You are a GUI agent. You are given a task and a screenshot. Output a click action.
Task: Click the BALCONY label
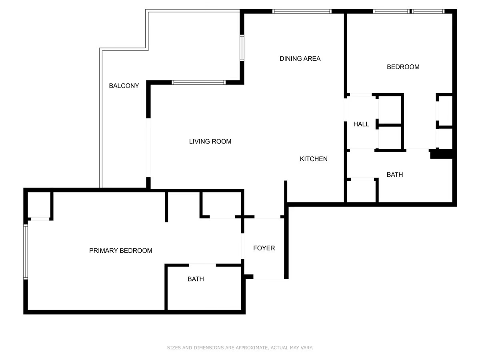(x=124, y=86)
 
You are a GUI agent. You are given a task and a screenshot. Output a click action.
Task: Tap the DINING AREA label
(x=300, y=59)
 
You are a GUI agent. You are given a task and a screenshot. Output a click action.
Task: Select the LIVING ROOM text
(x=210, y=141)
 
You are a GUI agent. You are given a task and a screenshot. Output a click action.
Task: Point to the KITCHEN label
(x=314, y=159)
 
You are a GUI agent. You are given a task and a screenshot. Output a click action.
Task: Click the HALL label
(x=361, y=124)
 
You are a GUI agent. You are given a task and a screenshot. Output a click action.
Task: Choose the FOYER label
(x=264, y=248)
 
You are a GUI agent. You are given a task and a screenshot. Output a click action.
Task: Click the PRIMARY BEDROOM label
(x=120, y=251)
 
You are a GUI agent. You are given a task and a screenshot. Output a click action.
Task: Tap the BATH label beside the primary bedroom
(x=196, y=279)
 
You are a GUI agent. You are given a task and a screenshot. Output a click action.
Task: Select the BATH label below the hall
(x=395, y=175)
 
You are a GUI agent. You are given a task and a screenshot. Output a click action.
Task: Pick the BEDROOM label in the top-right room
(x=403, y=67)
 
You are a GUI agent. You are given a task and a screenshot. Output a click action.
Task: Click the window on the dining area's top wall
(x=302, y=11)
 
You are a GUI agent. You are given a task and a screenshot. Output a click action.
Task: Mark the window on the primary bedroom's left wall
(x=26, y=252)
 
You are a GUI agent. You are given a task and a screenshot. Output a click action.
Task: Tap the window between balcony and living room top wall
(x=199, y=82)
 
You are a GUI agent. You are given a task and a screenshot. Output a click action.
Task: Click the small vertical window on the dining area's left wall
(x=242, y=48)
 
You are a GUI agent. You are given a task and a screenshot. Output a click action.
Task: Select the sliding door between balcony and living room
(x=148, y=148)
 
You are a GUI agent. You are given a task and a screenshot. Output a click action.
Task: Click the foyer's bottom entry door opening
(x=269, y=278)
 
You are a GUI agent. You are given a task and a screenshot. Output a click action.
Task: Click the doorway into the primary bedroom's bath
(x=202, y=264)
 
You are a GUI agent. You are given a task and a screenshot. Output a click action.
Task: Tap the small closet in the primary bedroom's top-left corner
(x=39, y=205)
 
